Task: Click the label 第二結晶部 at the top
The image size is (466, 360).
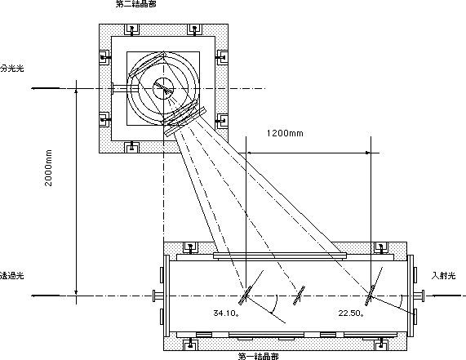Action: (x=135, y=3)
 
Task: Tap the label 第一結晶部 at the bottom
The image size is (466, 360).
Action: (x=258, y=356)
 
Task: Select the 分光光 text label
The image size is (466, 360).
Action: (x=12, y=68)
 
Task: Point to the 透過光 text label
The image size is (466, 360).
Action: (x=12, y=276)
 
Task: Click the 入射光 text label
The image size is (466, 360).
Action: (x=443, y=276)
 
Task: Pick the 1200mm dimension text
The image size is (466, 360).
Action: (x=285, y=133)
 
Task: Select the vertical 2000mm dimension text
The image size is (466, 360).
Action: (x=48, y=168)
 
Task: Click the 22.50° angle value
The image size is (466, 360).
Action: (x=351, y=313)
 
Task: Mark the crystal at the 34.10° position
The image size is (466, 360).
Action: (x=246, y=296)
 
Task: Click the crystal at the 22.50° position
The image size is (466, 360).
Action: (x=370, y=296)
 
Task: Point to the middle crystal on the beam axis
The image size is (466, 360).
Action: (x=299, y=296)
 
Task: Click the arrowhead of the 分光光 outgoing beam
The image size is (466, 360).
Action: (x=34, y=88)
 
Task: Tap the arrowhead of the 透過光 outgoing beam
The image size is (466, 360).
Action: (x=34, y=296)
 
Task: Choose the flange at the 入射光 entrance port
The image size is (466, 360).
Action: (x=419, y=296)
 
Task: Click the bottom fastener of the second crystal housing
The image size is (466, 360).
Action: (x=131, y=147)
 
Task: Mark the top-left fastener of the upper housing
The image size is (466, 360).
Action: (x=131, y=30)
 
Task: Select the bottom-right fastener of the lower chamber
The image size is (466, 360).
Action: (x=380, y=344)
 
